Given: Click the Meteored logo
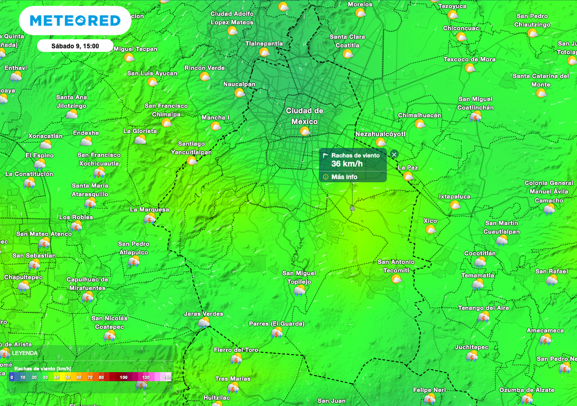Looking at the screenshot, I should click(x=75, y=21).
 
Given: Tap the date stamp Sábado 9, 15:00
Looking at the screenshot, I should click(x=75, y=46).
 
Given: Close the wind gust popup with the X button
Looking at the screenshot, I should click(x=394, y=155).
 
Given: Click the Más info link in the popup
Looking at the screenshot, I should click(x=344, y=177).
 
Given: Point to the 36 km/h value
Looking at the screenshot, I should click(x=347, y=164).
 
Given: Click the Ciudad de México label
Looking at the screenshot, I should click(x=305, y=116).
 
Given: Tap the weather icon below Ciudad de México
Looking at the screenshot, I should click(x=305, y=131).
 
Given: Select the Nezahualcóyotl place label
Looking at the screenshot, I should click(x=380, y=134).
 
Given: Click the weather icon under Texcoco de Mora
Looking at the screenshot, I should click(x=470, y=68).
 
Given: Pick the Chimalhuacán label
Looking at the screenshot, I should click(x=420, y=115).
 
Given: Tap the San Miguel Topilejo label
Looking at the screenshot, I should click(x=299, y=277).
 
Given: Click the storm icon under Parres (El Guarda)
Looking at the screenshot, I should click(x=277, y=333).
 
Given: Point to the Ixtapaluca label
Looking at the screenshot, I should click(x=455, y=196).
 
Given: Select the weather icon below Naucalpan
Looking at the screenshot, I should click(x=239, y=93).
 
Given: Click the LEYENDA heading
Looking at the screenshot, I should click(x=25, y=353).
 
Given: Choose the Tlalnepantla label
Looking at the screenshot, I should click(x=264, y=43).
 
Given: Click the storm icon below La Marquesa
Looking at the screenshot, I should click(x=149, y=218).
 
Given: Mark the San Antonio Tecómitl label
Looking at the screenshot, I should click(x=396, y=266).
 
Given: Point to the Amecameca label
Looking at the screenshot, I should click(x=545, y=330).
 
